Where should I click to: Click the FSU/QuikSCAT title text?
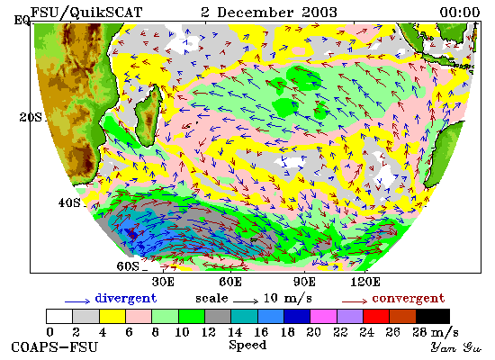86,13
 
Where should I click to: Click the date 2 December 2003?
269,13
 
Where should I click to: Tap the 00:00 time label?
460,13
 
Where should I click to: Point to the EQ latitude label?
22,21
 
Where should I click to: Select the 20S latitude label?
31,118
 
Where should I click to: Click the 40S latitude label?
69,202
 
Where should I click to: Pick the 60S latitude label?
128,266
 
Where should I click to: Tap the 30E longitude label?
163,282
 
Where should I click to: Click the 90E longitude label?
304,282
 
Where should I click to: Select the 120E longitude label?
365,282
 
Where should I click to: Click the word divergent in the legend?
126,299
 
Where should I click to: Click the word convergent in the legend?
409,299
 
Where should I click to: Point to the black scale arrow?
246,301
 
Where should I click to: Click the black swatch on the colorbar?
433,317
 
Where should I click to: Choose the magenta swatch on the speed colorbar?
324,317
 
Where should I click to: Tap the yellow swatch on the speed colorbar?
112,317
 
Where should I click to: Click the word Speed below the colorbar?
247,346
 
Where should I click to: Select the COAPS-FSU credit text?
55,347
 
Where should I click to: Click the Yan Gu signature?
456,347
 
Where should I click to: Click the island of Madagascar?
148,116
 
